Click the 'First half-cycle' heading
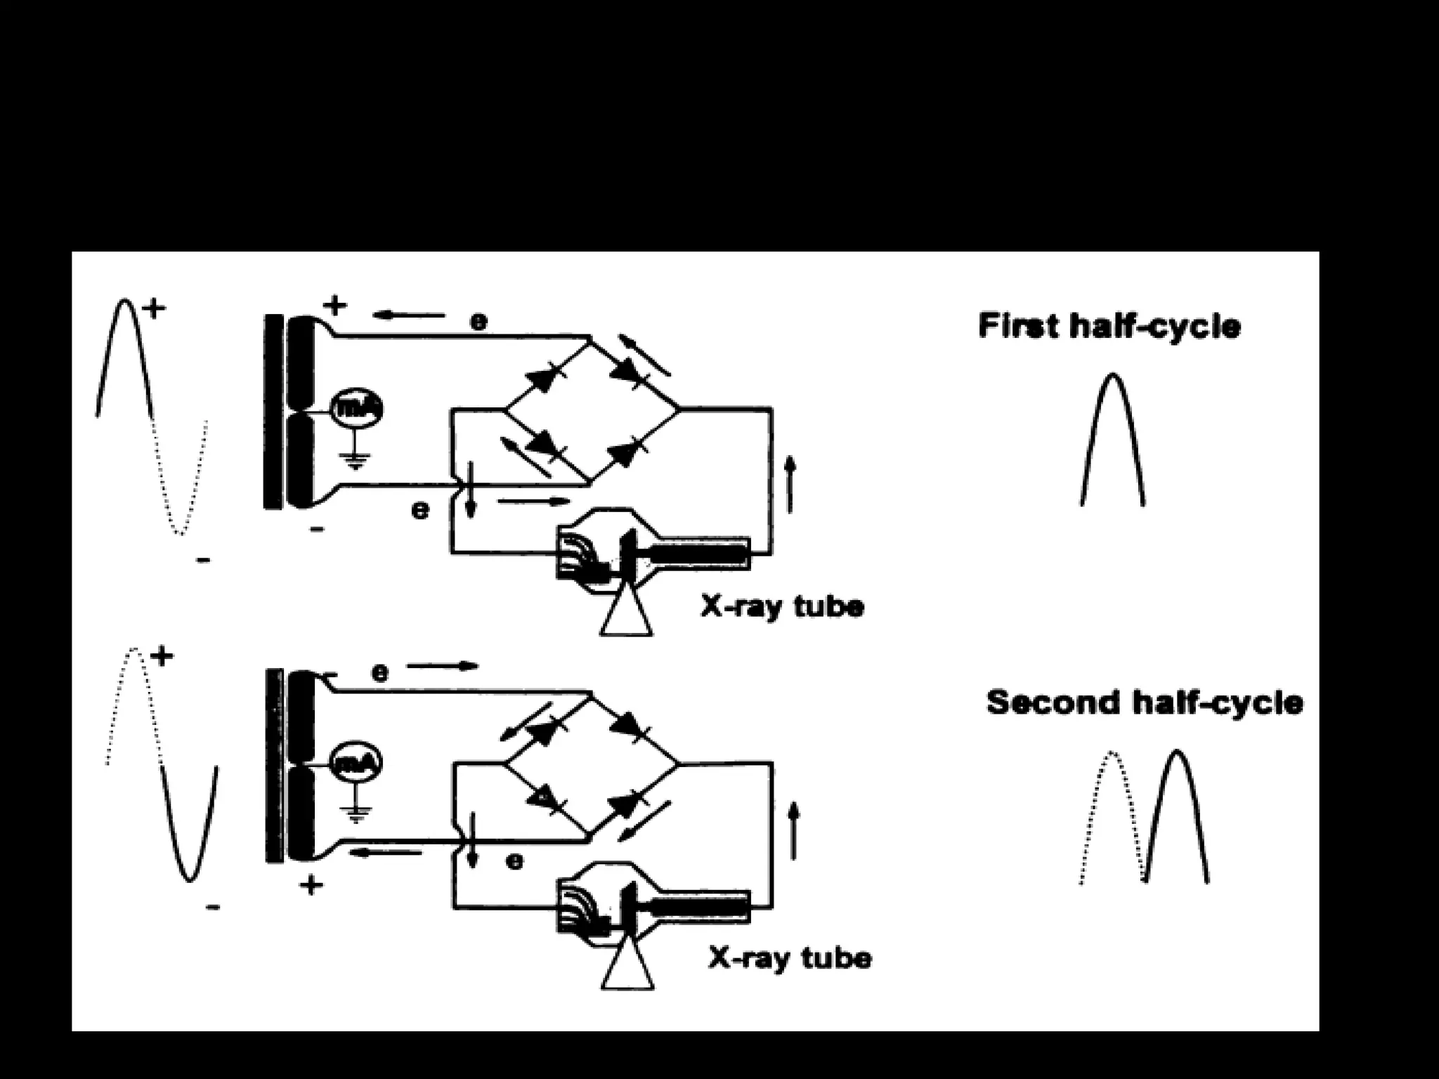(1109, 327)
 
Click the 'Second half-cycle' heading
(1145, 702)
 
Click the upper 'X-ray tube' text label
(782, 606)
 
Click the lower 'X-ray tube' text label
(790, 958)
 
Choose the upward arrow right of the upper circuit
(790, 483)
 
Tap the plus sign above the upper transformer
(335, 306)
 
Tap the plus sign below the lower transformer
(311, 884)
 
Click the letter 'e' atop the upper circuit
(478, 322)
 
